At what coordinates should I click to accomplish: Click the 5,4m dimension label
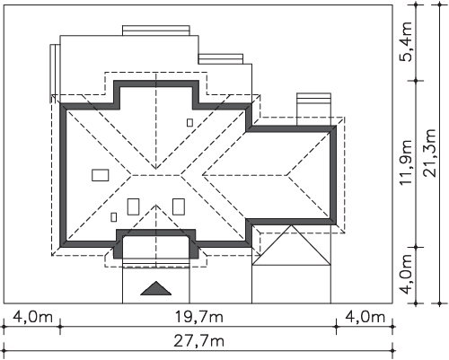[x=408, y=41]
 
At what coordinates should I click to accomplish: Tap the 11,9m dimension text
[x=408, y=162]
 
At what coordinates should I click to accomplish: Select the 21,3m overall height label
[x=430, y=153]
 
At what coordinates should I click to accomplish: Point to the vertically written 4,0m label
[x=408, y=275]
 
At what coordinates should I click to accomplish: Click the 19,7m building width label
[x=198, y=317]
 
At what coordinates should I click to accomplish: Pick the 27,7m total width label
[x=198, y=341]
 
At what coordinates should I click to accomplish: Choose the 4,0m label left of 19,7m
[x=32, y=317]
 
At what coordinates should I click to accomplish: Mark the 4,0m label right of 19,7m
[x=365, y=317]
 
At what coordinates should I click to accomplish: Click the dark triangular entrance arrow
[x=156, y=288]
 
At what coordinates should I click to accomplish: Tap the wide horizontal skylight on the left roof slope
[x=101, y=175]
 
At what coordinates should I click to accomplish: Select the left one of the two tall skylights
[x=133, y=206]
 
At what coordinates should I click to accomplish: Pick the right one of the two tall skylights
[x=179, y=206]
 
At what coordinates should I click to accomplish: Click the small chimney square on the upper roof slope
[x=189, y=122]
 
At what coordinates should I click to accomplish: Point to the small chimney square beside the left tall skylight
[x=114, y=217]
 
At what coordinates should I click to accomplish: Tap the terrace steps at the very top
[x=156, y=31]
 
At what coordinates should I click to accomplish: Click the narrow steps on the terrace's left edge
[x=55, y=74]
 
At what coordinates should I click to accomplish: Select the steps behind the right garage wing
[x=313, y=110]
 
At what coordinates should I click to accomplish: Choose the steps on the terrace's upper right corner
[x=221, y=59]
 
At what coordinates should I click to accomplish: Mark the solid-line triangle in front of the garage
[x=291, y=245]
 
